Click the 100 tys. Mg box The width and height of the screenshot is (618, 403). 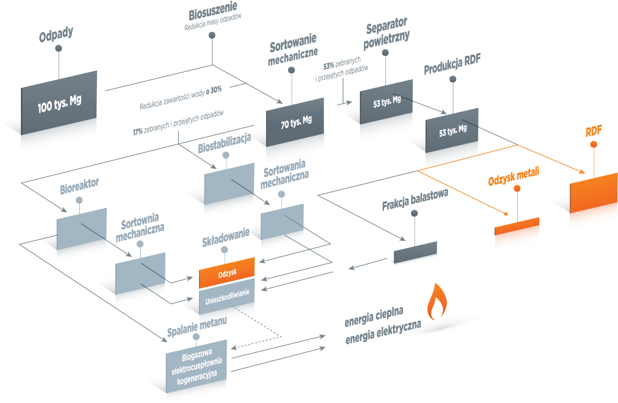(x=59, y=103)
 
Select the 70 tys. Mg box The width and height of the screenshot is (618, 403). (x=295, y=122)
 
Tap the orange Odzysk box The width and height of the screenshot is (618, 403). (x=227, y=273)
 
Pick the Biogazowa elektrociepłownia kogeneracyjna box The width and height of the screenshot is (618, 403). (x=197, y=367)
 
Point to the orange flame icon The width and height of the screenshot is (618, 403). (x=437, y=302)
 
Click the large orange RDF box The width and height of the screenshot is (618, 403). (x=593, y=193)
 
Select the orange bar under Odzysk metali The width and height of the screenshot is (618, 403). (x=517, y=226)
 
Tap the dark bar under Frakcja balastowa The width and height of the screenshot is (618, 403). (x=415, y=252)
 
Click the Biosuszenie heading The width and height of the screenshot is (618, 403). (x=213, y=11)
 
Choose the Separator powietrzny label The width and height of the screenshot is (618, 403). (x=386, y=33)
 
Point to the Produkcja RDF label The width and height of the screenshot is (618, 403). (x=453, y=65)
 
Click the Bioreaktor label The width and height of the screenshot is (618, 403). (x=79, y=187)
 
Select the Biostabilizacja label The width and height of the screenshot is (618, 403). (x=224, y=144)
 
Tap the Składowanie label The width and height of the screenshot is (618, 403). (x=226, y=237)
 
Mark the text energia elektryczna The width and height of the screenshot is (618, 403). (x=383, y=332)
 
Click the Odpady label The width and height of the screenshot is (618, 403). (x=56, y=34)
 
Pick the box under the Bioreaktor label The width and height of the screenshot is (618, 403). (x=82, y=229)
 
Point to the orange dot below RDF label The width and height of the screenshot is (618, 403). (x=593, y=145)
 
